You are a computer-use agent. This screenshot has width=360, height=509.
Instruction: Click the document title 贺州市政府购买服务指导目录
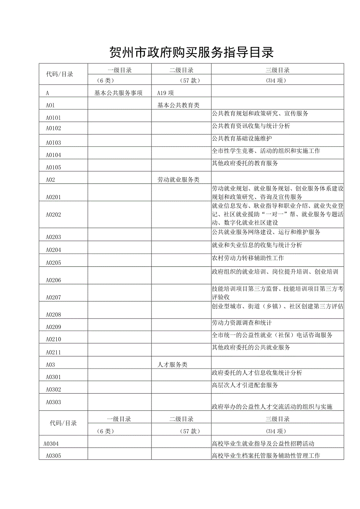(x=191, y=52)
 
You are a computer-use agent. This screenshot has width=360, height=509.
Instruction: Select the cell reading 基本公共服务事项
(x=119, y=93)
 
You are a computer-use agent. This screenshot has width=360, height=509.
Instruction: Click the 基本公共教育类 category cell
(x=178, y=105)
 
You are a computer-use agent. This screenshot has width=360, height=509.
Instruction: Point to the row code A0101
(x=53, y=118)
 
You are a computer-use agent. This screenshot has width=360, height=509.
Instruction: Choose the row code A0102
(x=53, y=128)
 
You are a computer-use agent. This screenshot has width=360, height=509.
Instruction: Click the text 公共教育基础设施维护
(x=242, y=138)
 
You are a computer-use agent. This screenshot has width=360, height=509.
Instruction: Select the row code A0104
(x=53, y=155)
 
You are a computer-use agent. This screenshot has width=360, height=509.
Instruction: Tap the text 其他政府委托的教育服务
(x=245, y=163)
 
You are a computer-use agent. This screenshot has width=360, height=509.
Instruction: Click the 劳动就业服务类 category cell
(x=178, y=180)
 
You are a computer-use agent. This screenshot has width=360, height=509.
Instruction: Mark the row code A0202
(x=53, y=215)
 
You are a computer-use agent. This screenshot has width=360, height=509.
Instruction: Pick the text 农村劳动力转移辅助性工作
(x=248, y=258)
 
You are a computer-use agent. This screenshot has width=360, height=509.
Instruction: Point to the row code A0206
(x=53, y=280)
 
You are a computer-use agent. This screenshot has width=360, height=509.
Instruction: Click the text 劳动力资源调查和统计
(x=242, y=323)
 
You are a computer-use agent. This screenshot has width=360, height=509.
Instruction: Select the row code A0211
(x=53, y=352)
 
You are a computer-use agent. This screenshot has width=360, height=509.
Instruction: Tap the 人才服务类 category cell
(x=172, y=365)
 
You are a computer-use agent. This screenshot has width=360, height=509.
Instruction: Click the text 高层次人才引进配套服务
(x=245, y=385)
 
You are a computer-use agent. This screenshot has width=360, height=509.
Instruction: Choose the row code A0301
(x=53, y=377)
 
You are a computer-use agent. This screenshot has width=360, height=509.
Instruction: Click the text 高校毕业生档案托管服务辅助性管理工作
(x=266, y=456)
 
